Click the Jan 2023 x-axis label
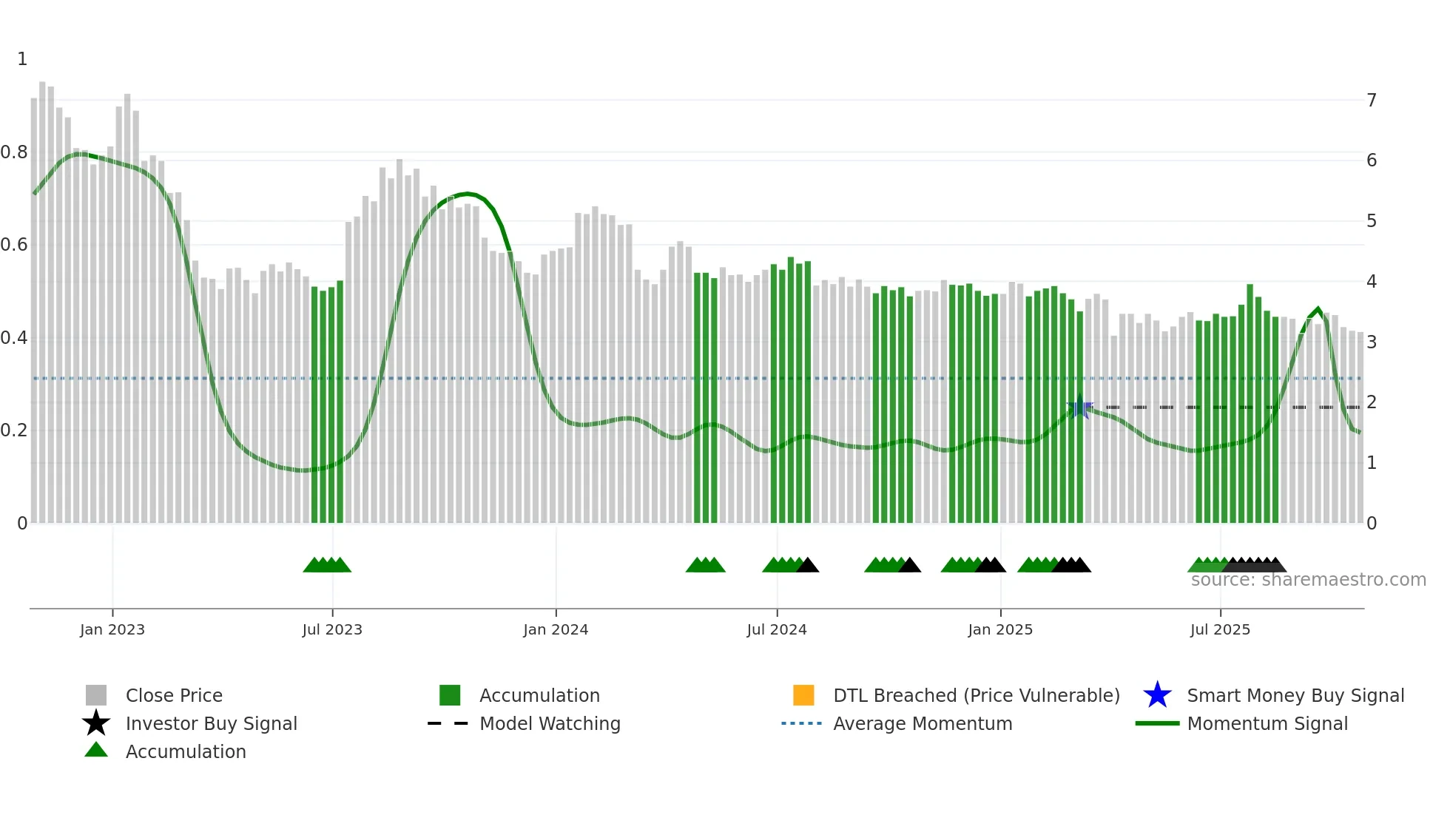112,630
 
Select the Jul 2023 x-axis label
332,630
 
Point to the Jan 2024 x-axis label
556,630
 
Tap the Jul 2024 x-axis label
777,630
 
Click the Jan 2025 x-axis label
1000,630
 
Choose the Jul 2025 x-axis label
1220,630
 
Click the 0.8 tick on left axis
14,153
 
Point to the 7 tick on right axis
1372,101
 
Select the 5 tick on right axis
1372,221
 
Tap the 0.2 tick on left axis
14,430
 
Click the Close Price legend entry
174,696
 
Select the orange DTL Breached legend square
803,695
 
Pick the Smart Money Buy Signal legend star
1157,695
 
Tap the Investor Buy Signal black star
96,723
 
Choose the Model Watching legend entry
550,724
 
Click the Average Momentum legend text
923,724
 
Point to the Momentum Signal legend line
1157,723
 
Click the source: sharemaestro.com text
1308,580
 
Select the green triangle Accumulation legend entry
96,751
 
